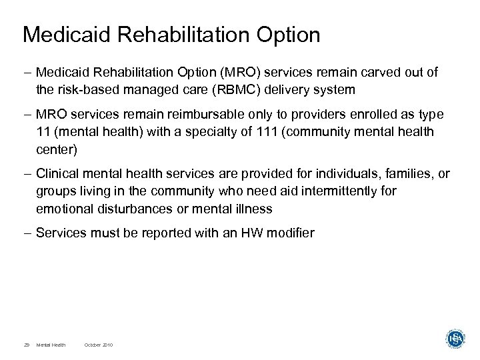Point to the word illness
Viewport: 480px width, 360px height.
pyautogui.click(x=255, y=208)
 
